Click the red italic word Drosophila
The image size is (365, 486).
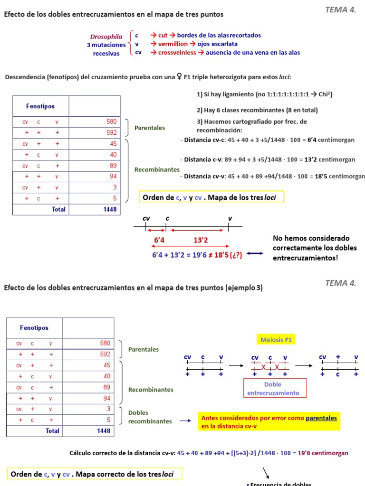[106, 37]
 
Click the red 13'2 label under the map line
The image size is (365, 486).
[201, 241]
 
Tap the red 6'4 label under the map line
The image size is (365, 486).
[159, 241]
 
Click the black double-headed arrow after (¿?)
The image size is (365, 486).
[255, 253]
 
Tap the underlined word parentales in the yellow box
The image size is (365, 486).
[321, 418]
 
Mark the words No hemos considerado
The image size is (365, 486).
[311, 238]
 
